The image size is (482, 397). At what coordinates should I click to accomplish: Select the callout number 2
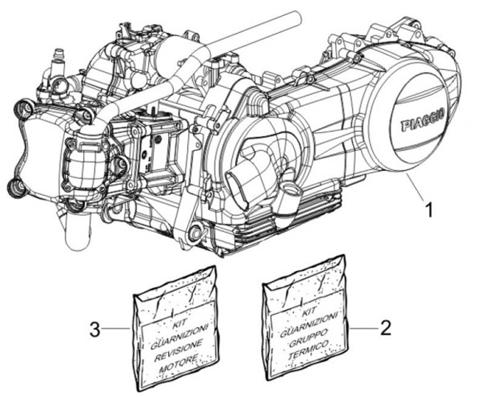coord(384,329)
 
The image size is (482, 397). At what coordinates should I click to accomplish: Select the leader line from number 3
coord(118,329)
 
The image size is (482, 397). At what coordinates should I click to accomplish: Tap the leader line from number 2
coord(361,329)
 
